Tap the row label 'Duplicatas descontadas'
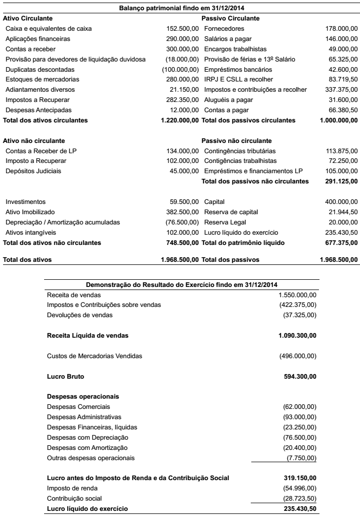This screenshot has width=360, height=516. point(40,69)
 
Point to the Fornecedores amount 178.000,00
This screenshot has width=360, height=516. point(342,29)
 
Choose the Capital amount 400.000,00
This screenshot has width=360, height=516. point(342,202)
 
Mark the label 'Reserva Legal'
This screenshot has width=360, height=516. point(225,222)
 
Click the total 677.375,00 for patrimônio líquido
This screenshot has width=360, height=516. point(342,242)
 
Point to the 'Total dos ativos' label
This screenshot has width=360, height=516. point(27,260)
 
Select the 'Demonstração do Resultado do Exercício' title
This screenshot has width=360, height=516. point(182,284)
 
